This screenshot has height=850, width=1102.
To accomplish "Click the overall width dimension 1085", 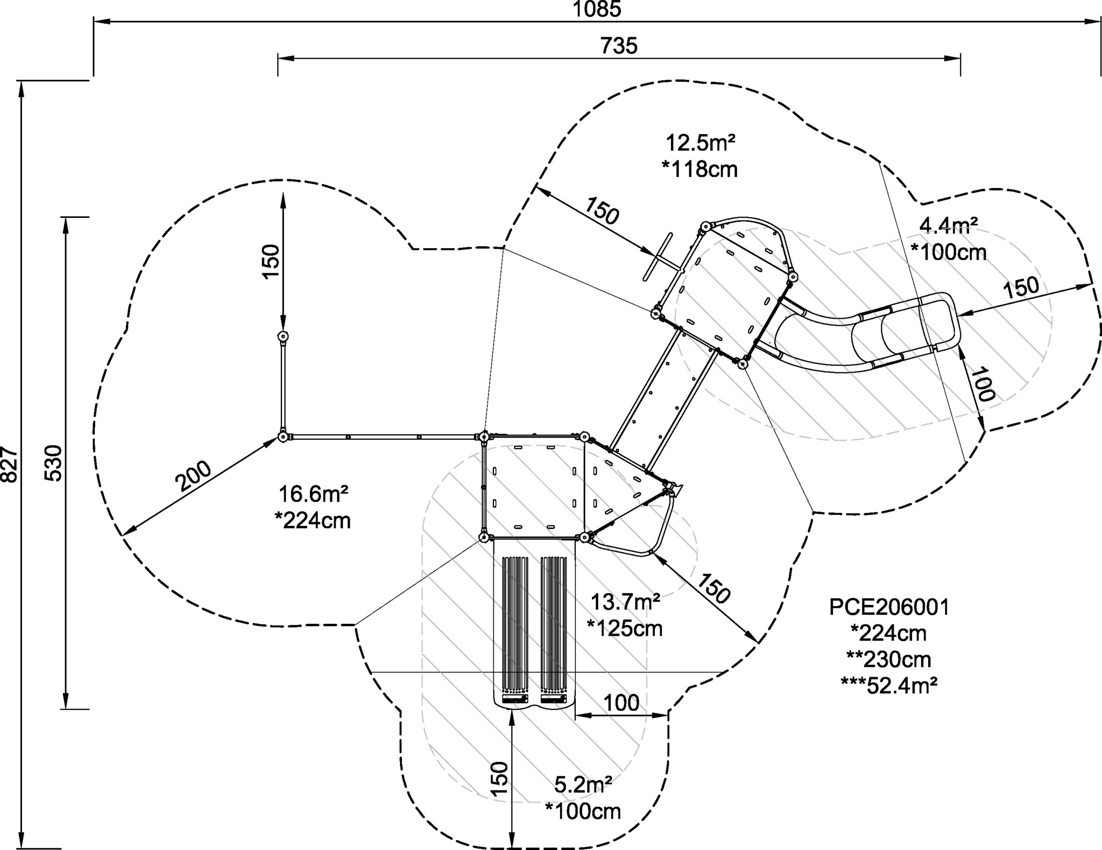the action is tap(597, 9).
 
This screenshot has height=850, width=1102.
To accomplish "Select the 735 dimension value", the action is tap(619, 46).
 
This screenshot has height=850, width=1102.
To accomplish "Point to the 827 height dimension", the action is tap(10, 463).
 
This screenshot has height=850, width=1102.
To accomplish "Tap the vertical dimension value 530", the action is tap(54, 463).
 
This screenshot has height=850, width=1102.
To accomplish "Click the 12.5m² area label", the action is tap(701, 143).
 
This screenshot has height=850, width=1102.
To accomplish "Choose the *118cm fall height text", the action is tap(700, 170).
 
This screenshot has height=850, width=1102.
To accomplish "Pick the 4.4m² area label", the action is tap(948, 225).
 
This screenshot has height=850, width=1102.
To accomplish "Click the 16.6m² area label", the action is tap(313, 494).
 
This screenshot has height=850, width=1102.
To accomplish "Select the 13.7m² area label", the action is tap(625, 601).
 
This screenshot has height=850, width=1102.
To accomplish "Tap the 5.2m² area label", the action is tap(583, 785).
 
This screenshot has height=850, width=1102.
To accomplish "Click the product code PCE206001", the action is tap(889, 607).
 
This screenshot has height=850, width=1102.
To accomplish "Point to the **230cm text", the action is tap(889, 659).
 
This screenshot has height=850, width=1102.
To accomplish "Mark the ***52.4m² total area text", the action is tap(889, 685).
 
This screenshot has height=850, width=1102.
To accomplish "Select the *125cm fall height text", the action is tap(625, 628).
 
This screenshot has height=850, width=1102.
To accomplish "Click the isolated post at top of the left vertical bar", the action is tap(283, 337).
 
